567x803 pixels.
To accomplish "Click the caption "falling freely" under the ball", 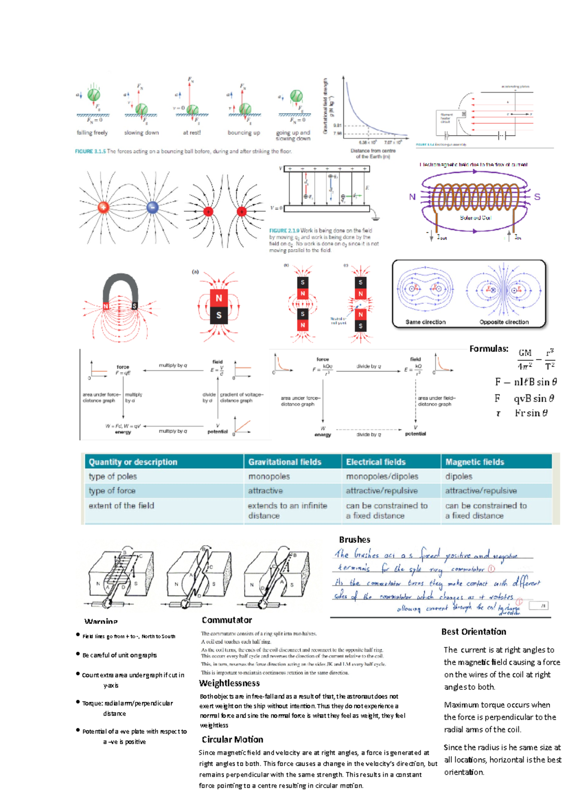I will [92, 133].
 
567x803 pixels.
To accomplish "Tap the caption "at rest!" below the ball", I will [192, 133].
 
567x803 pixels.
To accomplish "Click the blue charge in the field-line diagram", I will [152, 207].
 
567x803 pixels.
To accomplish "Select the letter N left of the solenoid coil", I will [412, 197].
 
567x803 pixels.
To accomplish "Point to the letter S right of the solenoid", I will [537, 197].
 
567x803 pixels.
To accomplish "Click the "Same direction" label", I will [425, 322].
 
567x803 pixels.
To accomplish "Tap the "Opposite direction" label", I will [504, 322].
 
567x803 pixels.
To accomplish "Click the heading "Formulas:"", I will [489, 349].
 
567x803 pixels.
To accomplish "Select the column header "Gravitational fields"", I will [285, 462].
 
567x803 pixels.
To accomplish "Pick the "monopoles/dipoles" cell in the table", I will [382, 476].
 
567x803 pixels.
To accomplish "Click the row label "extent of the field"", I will [121, 506].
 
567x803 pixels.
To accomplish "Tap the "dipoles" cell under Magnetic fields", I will [458, 476].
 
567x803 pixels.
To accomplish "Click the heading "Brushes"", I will [354, 540].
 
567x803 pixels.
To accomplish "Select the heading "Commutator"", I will [227, 620].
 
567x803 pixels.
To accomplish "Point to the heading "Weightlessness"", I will [229, 683].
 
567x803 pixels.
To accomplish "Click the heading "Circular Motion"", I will [232, 740].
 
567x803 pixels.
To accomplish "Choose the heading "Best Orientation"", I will [473, 632].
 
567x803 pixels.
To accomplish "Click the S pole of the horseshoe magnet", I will [135, 306].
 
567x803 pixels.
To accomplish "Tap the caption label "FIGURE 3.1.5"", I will [90, 151].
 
